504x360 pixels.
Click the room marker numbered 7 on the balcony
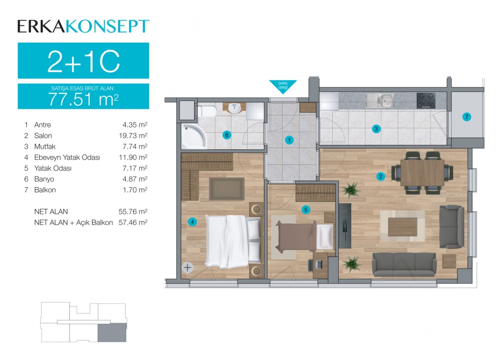tap(466, 117)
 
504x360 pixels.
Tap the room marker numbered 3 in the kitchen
tap(376, 129)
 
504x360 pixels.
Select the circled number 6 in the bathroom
tap(227, 135)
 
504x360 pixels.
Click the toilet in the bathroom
tap(206, 112)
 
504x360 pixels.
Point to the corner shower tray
tap(193, 136)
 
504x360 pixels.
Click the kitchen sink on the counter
tap(380, 100)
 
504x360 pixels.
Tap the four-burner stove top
tap(426, 100)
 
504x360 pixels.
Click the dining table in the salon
tap(422, 173)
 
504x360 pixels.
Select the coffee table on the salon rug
tap(403, 226)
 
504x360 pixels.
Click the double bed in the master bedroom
tap(233, 241)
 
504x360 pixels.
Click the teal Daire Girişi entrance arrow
tap(283, 87)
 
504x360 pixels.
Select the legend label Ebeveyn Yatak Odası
tap(67, 157)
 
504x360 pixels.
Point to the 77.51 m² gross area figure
tap(83, 99)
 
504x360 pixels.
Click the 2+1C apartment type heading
tap(84, 61)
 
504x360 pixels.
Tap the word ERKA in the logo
tap(41, 26)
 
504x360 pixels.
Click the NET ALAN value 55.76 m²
tap(133, 211)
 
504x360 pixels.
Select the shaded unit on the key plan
tap(112, 333)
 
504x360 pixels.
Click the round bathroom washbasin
tap(234, 108)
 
